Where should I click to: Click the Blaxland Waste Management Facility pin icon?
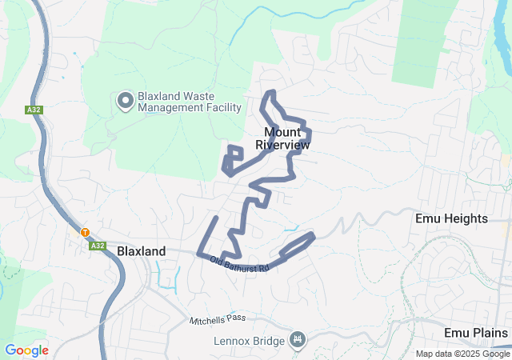pyautogui.click(x=126, y=101)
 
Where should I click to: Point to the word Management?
pyautogui.click(x=170, y=107)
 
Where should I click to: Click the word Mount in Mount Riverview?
pyautogui.click(x=282, y=132)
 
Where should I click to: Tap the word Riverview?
pyautogui.click(x=282, y=145)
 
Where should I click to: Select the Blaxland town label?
pyautogui.click(x=142, y=251)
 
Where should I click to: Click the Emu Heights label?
pyautogui.click(x=451, y=218)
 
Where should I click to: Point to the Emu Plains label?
pyautogui.click(x=476, y=333)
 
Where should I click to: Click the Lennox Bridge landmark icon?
pyautogui.click(x=298, y=341)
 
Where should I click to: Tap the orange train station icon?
pyautogui.click(x=84, y=233)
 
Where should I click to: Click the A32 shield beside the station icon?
pyautogui.click(x=98, y=246)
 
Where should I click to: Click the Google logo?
pyautogui.click(x=26, y=350)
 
